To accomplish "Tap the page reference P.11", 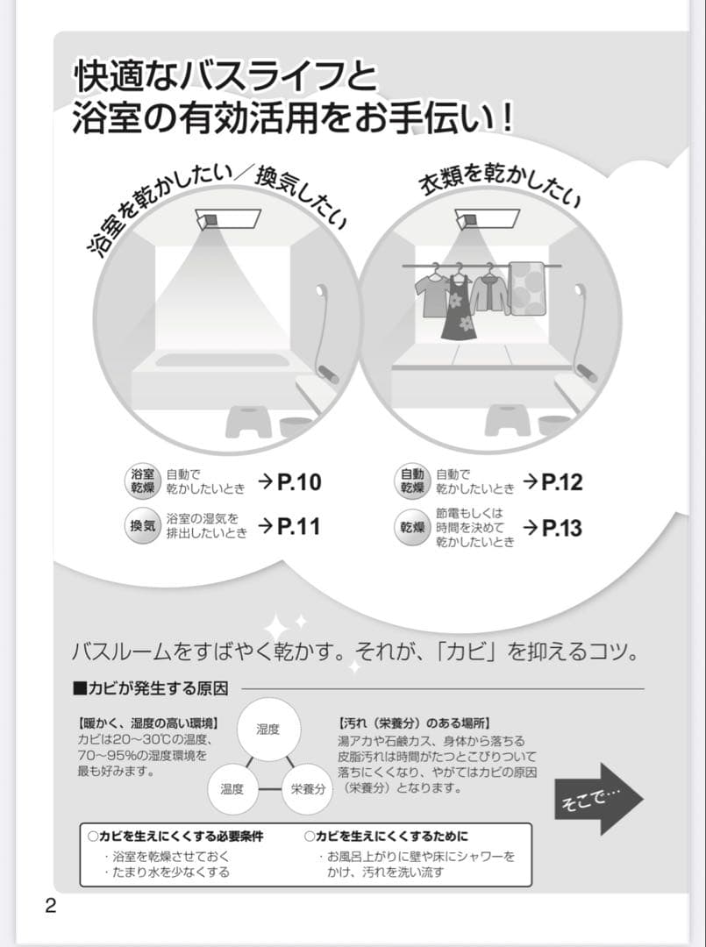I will coord(299,526).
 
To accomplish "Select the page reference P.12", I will coord(562,481).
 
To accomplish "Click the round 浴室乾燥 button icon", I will coord(143,481).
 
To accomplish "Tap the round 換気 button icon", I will coord(143,526).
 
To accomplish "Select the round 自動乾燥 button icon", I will coord(412,481).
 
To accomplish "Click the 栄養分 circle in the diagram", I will coord(308,787).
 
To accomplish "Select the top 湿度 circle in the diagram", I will coord(267,729).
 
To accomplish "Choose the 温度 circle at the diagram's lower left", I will coord(232,787).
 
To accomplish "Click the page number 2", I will coord(50,906).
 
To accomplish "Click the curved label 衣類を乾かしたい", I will coord(501,183).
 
